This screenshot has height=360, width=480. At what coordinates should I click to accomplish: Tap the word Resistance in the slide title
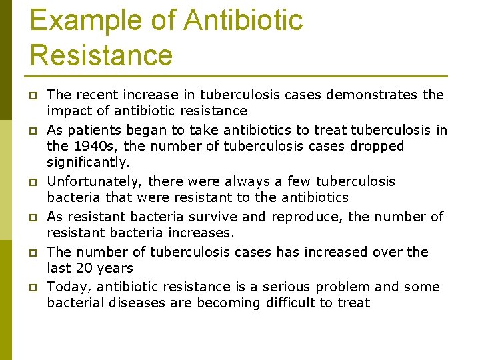pos(101,54)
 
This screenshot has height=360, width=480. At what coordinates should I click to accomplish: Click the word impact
pos(69,111)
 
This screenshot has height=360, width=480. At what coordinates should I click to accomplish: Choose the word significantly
pos(87,162)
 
